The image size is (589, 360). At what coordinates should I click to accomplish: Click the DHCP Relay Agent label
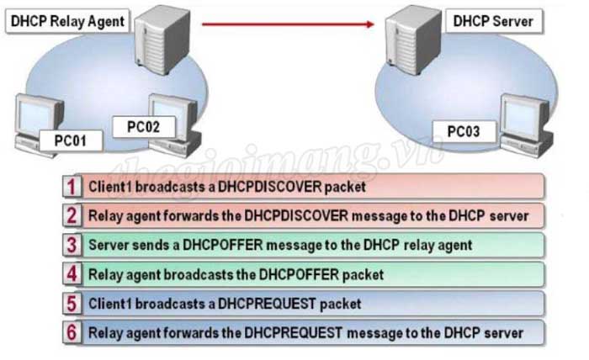66,21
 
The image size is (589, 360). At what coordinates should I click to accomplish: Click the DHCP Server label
493,19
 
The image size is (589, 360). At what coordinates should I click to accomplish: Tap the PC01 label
72,140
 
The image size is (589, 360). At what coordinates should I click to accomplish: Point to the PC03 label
464,131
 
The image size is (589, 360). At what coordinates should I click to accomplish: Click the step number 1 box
73,187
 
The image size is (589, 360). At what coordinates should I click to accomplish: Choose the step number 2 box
73,215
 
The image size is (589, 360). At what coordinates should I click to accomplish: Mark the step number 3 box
73,245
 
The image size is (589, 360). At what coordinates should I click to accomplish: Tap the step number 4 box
73,273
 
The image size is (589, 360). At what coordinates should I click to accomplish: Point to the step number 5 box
73,303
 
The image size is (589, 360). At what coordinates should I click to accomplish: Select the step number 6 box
73,332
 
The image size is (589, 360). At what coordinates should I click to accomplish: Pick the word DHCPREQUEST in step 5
262,303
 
